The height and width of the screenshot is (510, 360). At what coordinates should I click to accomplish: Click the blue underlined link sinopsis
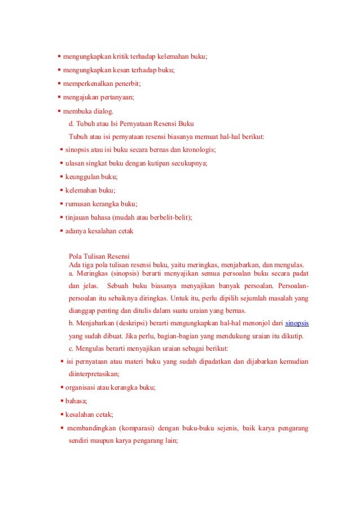coord(297,323)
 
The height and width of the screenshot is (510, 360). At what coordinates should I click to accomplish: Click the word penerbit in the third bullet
coord(126,84)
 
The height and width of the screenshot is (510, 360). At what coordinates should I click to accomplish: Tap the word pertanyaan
coord(116,97)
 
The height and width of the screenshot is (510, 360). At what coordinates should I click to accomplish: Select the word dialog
coord(101,111)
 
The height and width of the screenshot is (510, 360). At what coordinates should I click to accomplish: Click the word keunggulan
coord(82,177)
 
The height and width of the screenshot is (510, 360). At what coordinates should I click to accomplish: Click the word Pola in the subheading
coord(75,256)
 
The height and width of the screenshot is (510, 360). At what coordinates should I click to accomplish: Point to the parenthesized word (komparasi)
coord(138,428)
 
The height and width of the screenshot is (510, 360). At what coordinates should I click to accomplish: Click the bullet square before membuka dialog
coord(59,111)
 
